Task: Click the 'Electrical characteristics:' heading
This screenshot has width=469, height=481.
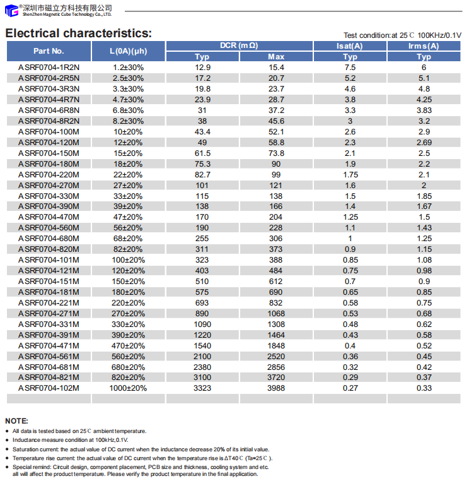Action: (78, 33)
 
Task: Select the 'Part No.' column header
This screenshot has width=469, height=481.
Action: (49, 50)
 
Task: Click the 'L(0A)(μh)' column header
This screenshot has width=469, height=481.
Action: (128, 50)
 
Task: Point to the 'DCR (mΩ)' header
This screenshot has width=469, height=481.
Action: (239, 45)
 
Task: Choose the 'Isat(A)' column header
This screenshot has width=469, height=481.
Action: (350, 45)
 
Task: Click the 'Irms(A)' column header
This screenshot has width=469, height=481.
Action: (424, 45)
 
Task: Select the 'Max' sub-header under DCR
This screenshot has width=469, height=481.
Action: (276, 56)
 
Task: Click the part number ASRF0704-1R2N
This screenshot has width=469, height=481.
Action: (49, 67)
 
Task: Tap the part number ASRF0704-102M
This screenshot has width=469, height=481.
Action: (49, 388)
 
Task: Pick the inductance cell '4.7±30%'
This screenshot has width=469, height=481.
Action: (128, 99)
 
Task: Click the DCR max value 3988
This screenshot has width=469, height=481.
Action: (276, 388)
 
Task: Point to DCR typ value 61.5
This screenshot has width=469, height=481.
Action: (202, 153)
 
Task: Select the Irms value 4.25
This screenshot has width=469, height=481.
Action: (424, 99)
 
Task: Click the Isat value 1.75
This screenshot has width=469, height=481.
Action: (350, 174)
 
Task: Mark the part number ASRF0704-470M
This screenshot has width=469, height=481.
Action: (49, 217)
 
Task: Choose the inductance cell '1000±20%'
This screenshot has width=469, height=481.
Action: (128, 388)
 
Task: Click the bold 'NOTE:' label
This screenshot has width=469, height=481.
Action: (16, 420)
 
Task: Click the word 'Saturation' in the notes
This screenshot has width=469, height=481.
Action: (26, 449)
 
